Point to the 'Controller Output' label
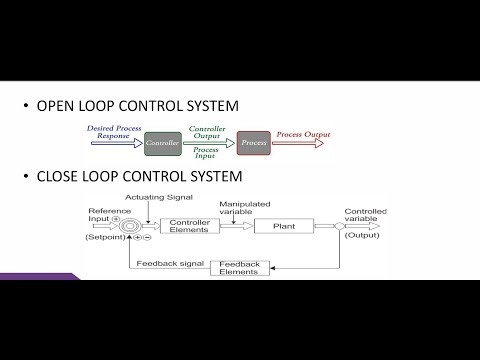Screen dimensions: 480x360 208,130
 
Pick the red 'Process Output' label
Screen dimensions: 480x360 304,134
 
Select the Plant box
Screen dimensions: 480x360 284,226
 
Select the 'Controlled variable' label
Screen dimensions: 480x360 365,217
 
